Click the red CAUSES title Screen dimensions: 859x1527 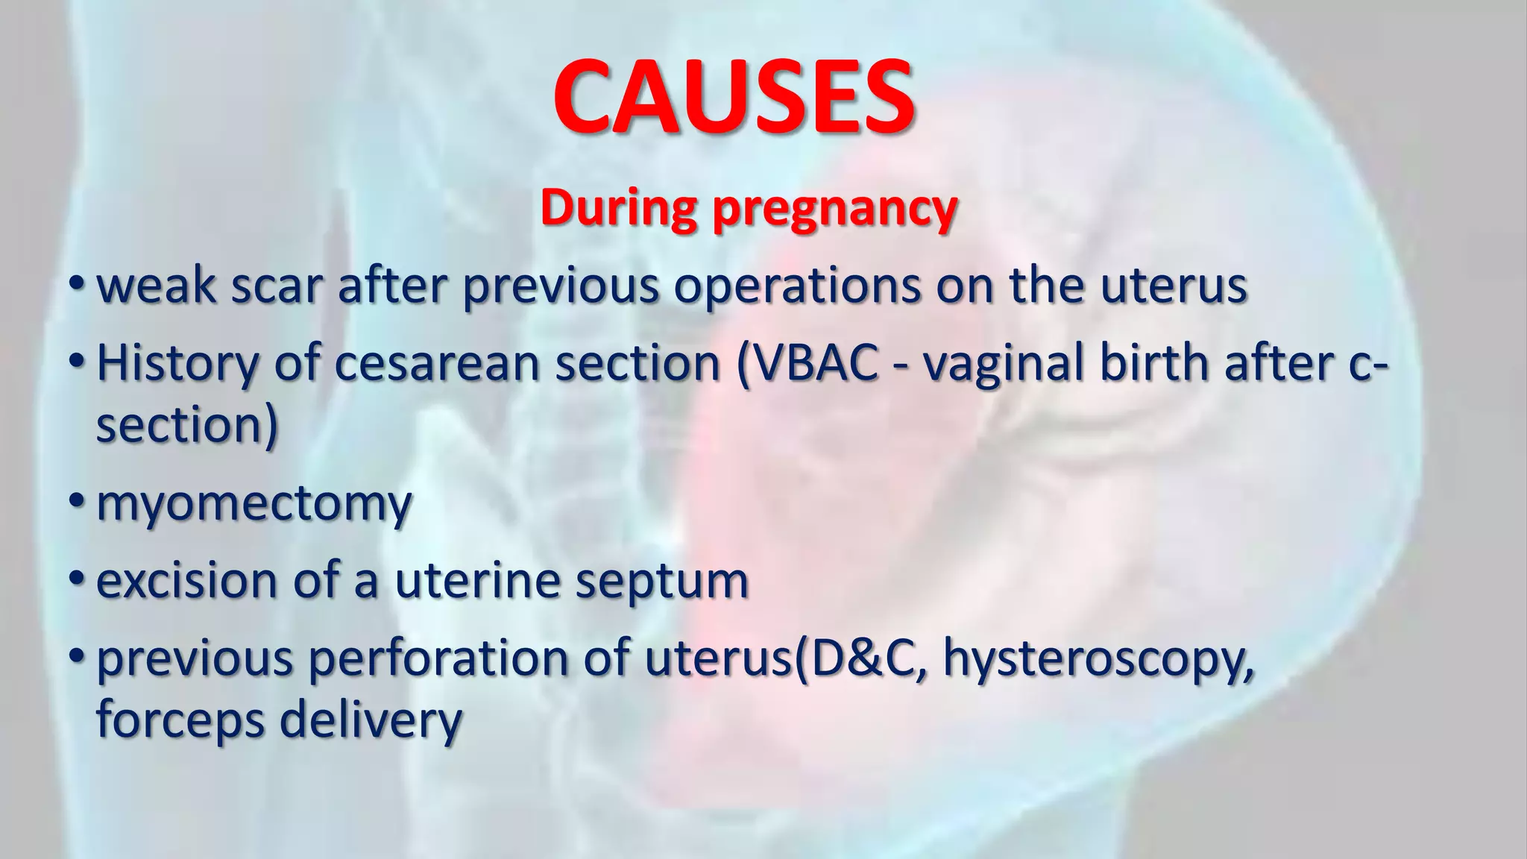pos(734,97)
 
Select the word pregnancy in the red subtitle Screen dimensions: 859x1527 pos(834,211)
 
